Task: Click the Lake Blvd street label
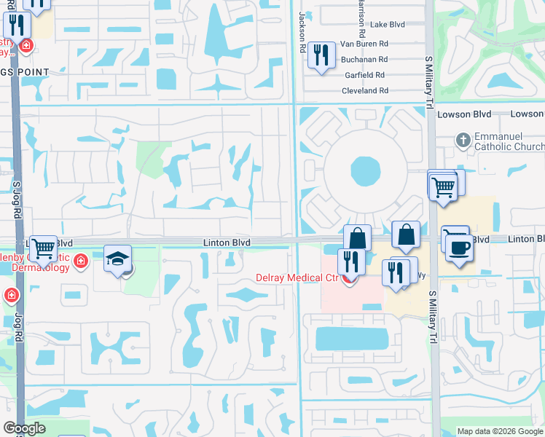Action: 387,24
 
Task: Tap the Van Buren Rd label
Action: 367,44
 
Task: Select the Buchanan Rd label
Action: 367,59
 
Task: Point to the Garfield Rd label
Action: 364,75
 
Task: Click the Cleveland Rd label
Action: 365,90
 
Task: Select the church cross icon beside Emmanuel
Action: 463,138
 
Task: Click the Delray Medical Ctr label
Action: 297,277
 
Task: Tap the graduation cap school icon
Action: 117,260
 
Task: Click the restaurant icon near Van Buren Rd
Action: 321,55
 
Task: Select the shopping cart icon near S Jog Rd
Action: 43,248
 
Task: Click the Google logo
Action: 24,428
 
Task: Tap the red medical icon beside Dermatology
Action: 80,261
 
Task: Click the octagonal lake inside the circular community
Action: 365,171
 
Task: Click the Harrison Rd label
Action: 361,18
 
